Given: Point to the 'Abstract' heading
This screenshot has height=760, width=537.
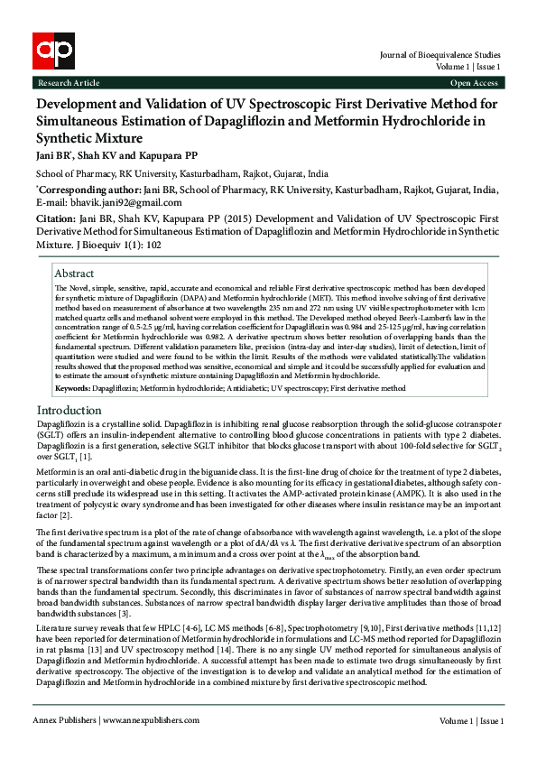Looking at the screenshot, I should click(74, 273).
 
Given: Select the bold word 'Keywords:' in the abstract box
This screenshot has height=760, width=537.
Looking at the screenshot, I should click(72, 387).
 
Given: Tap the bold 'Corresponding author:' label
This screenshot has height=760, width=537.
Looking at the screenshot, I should click(88, 190).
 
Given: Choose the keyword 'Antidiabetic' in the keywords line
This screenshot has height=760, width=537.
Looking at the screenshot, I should click(238, 388).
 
